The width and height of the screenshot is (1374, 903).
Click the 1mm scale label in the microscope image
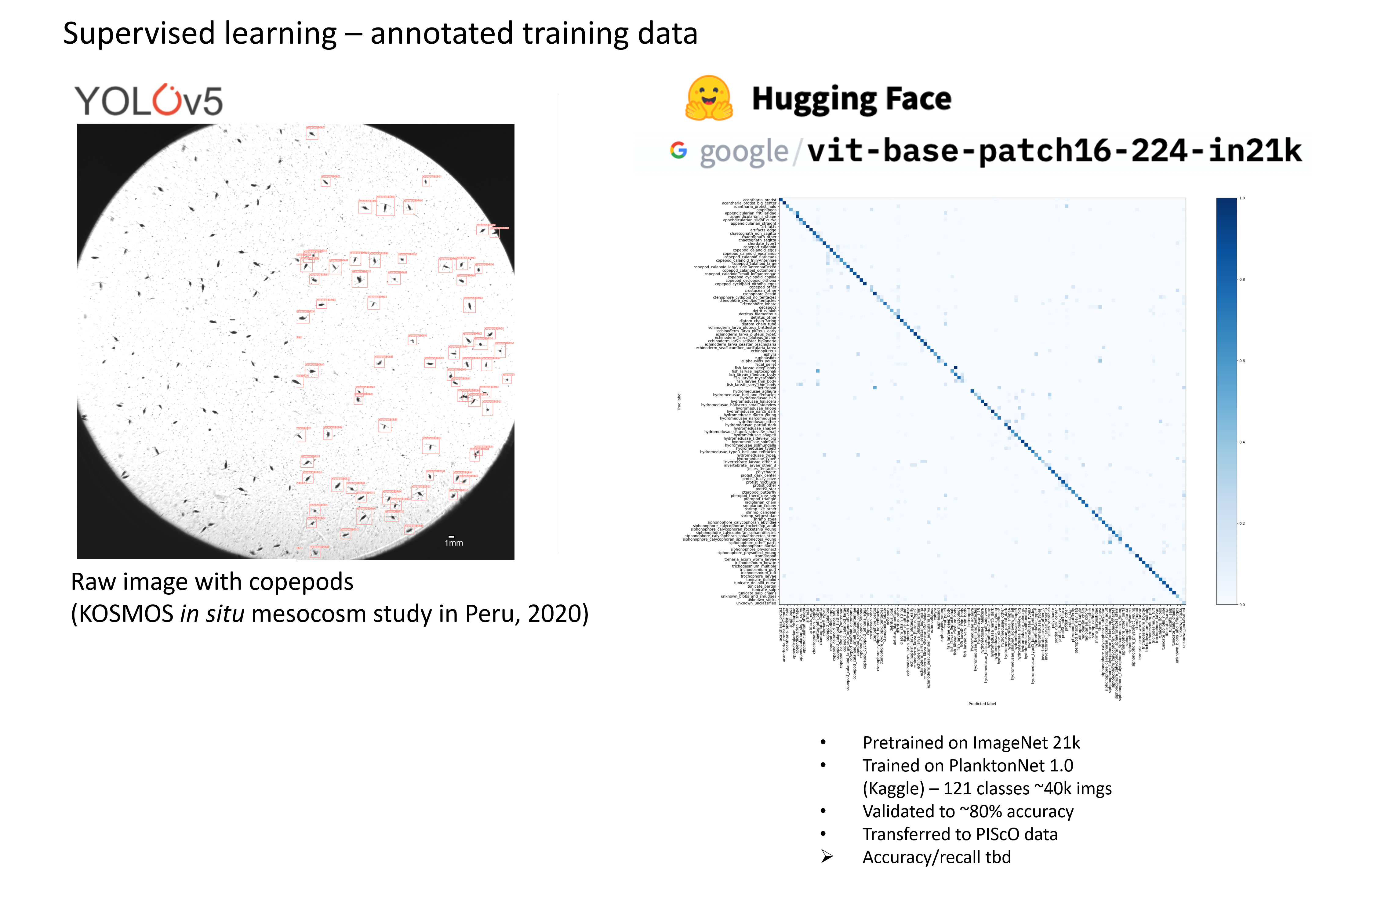click(454, 543)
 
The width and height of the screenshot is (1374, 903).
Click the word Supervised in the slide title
click(141, 34)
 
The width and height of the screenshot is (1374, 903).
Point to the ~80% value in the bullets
click(981, 812)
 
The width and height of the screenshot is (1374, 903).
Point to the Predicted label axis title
click(982, 704)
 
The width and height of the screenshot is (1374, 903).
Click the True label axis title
click(679, 401)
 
